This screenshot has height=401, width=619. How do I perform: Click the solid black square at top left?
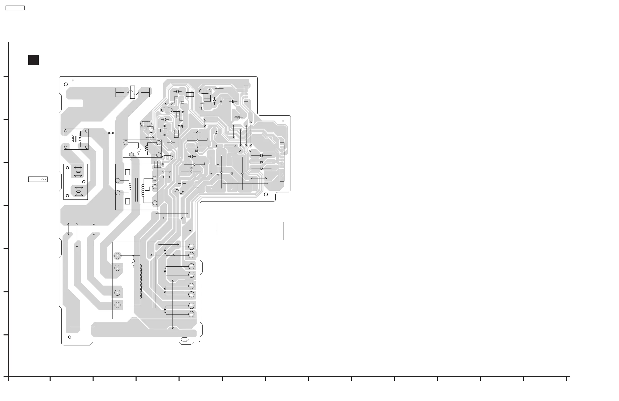[x=34, y=60]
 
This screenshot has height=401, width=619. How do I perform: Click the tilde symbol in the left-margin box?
[x=44, y=179]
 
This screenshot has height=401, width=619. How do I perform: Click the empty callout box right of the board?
[x=249, y=231]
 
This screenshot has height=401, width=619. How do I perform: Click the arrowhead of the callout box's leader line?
[x=190, y=231]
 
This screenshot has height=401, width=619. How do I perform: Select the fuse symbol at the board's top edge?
[x=133, y=92]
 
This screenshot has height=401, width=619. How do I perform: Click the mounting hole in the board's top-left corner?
[x=66, y=84]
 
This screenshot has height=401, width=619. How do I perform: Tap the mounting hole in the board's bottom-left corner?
[x=70, y=337]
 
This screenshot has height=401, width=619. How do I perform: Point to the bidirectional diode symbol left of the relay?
[x=111, y=133]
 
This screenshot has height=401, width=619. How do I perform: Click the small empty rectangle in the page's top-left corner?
[x=15, y=8]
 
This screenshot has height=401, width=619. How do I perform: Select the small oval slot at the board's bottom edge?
[x=184, y=339]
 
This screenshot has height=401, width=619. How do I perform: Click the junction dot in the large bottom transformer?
[x=133, y=256]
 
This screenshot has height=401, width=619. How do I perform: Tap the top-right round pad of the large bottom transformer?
[x=191, y=247]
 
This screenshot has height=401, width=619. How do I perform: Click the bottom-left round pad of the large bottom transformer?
[x=118, y=305]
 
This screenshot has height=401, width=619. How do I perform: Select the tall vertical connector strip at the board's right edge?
[x=282, y=162]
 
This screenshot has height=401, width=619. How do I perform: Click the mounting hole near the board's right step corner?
[x=266, y=194]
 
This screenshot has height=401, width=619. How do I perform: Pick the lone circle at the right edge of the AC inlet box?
[x=84, y=182]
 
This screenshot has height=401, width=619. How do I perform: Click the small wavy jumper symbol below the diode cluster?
[x=179, y=192]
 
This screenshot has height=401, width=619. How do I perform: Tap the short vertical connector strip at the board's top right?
[x=246, y=94]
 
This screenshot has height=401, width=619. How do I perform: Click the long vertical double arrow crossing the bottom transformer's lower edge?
[x=173, y=305]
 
